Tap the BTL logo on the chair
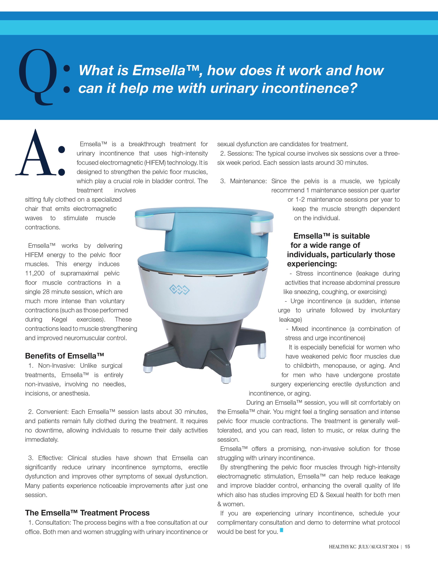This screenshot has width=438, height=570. pos(179,289)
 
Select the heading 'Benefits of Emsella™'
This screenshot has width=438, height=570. pos(64,356)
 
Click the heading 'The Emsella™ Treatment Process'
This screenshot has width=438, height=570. pos(87,513)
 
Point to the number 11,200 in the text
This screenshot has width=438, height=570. pos(35,273)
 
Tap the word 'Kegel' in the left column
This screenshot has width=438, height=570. pos(59,319)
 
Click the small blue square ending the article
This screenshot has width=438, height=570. pos(281,530)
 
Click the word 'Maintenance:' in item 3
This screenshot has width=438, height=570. pos(248,181)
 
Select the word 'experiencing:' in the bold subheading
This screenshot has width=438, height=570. pos(312,264)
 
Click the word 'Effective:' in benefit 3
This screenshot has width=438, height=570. pos(50,458)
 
